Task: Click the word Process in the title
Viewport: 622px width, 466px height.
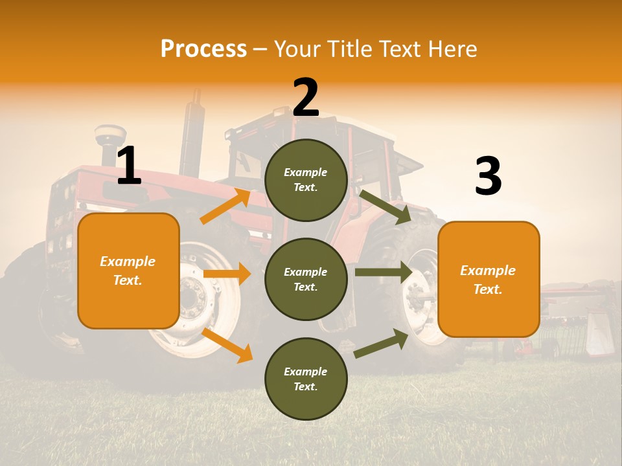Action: coord(203,49)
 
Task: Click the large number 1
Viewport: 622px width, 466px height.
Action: coord(129,166)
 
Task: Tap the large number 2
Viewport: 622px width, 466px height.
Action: coord(306,98)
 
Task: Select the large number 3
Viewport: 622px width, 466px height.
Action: coord(488,177)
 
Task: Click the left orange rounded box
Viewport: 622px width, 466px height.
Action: coord(128,271)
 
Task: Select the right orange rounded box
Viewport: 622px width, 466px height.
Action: coord(489,280)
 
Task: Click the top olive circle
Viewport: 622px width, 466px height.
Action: coord(306,180)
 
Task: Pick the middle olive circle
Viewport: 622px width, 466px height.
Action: coord(306,280)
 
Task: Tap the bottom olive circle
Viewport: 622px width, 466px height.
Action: coord(306,379)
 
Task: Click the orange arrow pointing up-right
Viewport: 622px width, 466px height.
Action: coord(225,206)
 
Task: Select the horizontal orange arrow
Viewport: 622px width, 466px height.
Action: coord(227,274)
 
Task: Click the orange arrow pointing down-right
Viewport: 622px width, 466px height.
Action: coord(227,346)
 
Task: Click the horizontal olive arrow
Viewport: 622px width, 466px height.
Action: coord(383,272)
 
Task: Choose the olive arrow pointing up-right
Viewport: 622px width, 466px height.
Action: coord(381,344)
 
